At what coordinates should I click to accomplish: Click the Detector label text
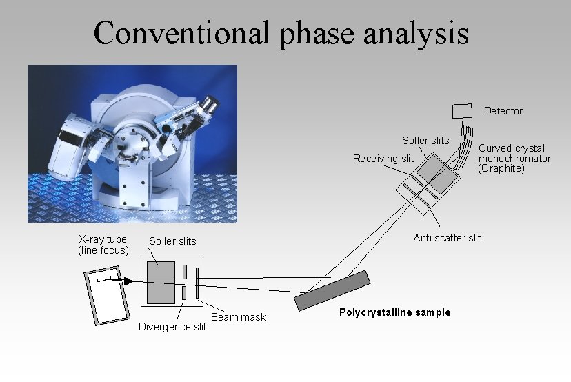pos(503,111)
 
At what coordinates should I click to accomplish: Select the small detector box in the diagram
pos(463,110)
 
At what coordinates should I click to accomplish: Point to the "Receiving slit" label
pos(383,159)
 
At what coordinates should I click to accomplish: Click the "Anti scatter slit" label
pos(447,238)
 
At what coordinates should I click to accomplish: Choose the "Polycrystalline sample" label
pos(394,312)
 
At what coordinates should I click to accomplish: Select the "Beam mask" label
pos(238,317)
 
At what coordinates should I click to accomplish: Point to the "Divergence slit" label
pos(172,327)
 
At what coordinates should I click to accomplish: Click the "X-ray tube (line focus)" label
pos(103,245)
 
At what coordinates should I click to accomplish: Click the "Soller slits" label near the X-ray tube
pos(172,241)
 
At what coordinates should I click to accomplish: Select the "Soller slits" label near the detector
pos(425,141)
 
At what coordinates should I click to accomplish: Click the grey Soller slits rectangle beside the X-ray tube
pos(160,283)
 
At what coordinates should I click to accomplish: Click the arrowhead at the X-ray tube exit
pos(128,281)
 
